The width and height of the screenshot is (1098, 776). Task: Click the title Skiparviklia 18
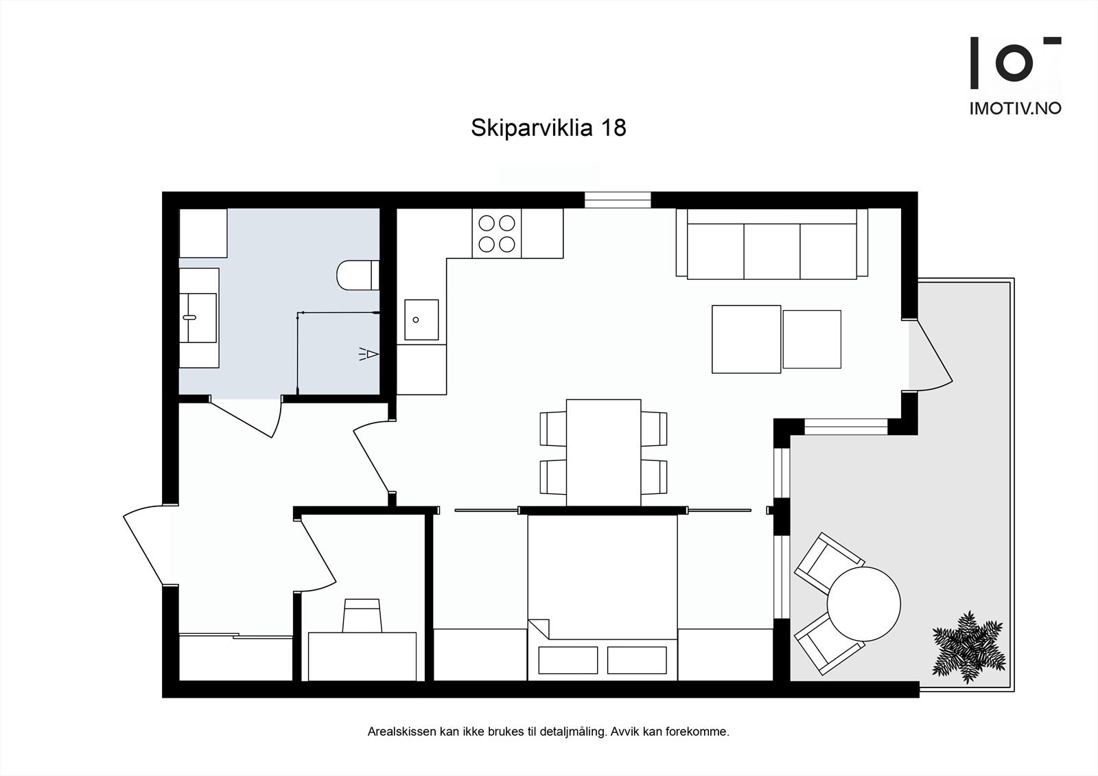[548, 128]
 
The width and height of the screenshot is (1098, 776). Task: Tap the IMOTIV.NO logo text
[1015, 108]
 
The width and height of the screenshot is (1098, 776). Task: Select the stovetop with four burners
[497, 233]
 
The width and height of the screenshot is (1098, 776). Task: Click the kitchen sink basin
[421, 320]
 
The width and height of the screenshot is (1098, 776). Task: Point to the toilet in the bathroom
[358, 275]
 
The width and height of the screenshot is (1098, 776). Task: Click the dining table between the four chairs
[603, 452]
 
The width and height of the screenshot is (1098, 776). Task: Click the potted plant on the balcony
[968, 647]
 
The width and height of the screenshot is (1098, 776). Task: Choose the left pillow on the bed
[568, 660]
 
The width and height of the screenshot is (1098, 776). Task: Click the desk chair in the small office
[362, 615]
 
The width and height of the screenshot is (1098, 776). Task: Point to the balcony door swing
[931, 357]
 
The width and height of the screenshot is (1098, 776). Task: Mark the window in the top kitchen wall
[617, 200]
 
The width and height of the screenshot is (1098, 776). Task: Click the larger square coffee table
[746, 339]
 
